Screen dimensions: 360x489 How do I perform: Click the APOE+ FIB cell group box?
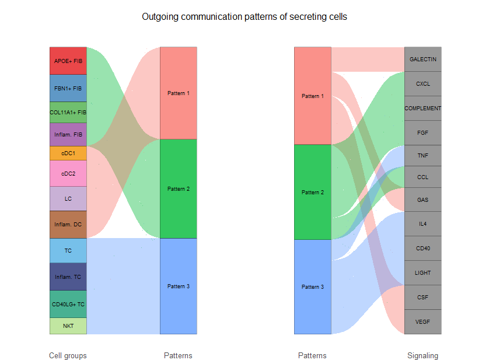[68, 61]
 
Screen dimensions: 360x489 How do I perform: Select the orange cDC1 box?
[68, 153]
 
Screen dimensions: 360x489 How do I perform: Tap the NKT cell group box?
[68, 326]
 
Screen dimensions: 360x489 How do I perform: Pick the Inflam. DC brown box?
[68, 224]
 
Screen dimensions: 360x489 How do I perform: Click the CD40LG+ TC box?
[68, 304]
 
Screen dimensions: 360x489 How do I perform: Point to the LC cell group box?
[68, 198]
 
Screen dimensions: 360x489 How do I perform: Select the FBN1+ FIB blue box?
[68, 88]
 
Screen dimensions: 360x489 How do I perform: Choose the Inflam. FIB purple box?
[68, 135]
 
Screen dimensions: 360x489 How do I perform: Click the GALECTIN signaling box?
[422, 59]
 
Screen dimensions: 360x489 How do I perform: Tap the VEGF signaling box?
[422, 321]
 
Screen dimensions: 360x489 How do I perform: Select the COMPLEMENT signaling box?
[422, 108]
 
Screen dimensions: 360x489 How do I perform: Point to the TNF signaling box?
[422, 156]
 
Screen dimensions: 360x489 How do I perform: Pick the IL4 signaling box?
[422, 223]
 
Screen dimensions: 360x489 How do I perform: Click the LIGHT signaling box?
[422, 272]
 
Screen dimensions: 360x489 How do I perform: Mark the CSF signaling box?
[422, 297]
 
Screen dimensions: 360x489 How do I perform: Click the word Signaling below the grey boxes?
[422, 355]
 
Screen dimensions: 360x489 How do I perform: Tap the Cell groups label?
[68, 355]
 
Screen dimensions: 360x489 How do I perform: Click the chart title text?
[244, 17]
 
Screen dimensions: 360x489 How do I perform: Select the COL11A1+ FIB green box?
[68, 112]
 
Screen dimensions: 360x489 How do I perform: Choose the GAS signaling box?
[422, 200]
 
